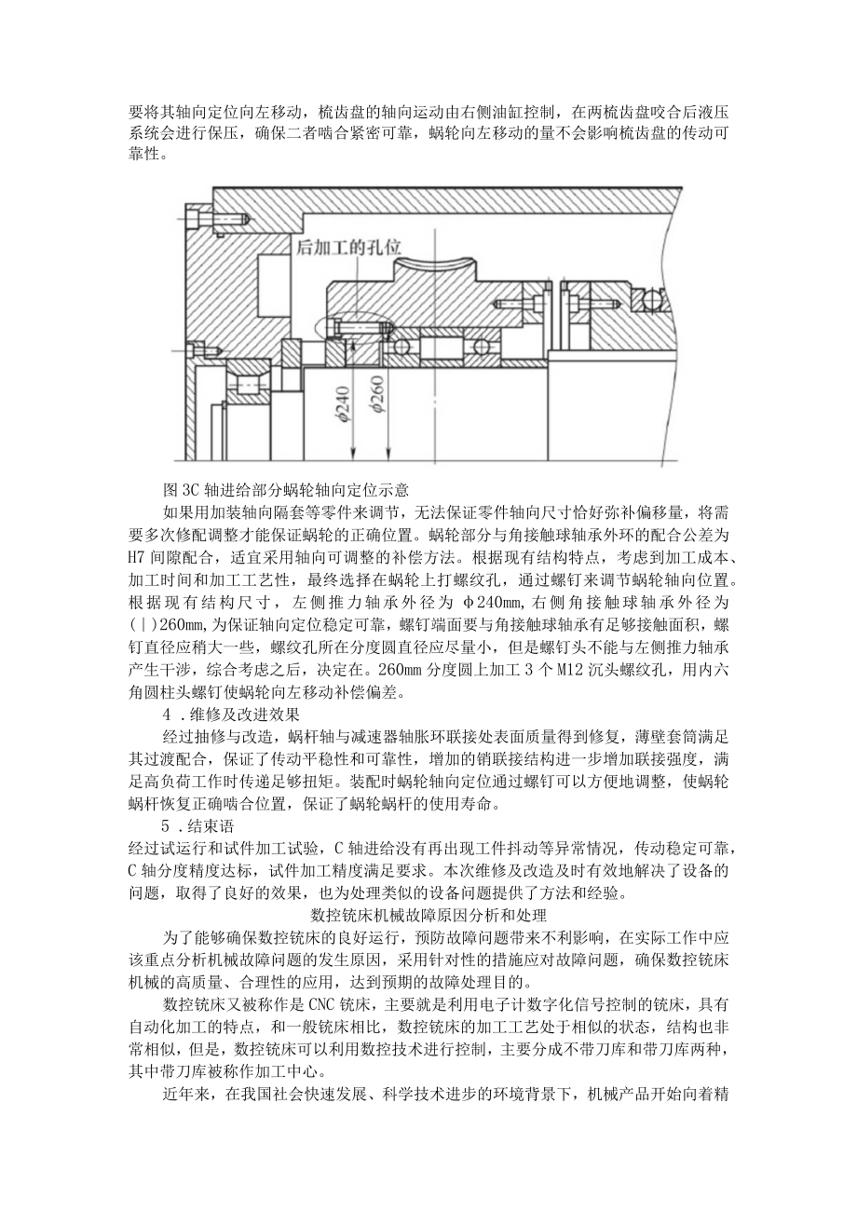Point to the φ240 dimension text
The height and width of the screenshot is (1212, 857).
pos(345,405)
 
